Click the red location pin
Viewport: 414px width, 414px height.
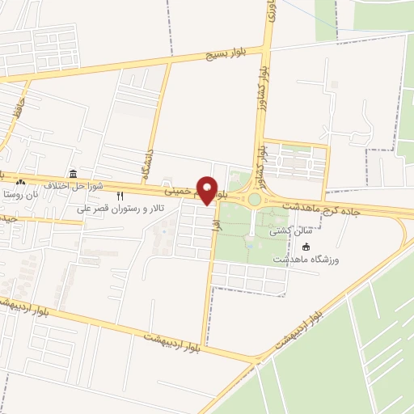point(209,190)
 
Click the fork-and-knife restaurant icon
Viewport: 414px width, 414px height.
point(120,196)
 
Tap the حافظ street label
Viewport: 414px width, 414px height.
point(15,108)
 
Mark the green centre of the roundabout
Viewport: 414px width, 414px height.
point(255,199)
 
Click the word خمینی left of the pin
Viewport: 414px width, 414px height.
point(180,192)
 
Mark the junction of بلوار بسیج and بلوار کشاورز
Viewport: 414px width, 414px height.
point(268,48)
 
